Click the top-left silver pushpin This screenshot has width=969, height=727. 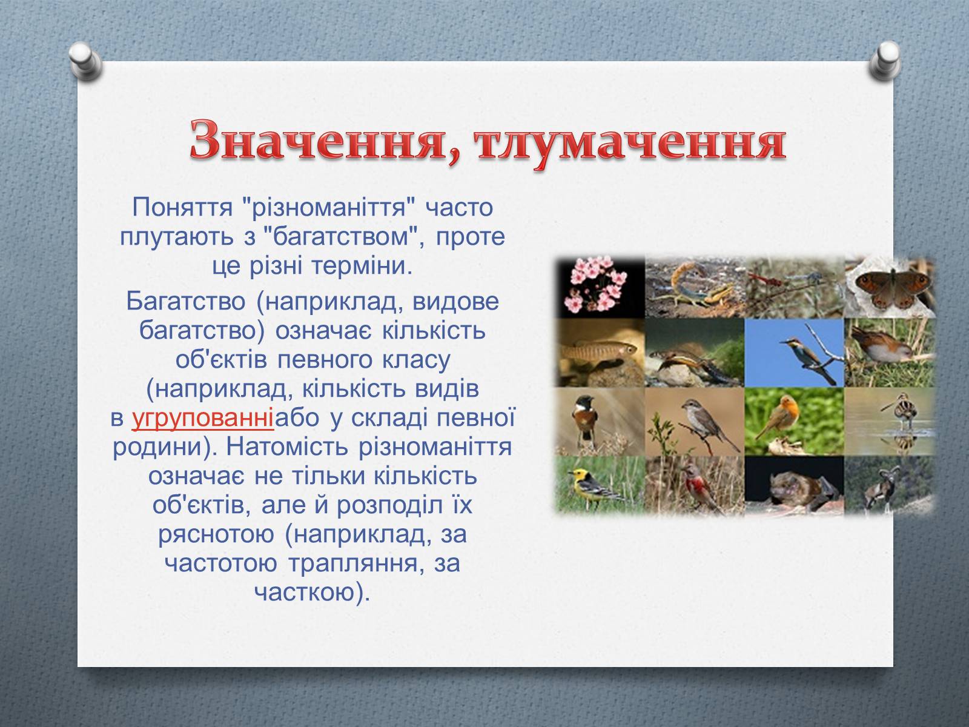point(85,61)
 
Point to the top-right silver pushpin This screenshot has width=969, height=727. point(885,61)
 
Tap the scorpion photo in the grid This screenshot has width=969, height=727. point(695,287)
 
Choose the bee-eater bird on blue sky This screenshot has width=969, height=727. point(795,353)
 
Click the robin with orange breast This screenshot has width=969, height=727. point(795,422)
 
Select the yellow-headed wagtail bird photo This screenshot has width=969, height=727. point(600,485)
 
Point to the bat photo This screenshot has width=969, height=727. point(795,485)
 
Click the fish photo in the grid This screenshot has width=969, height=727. point(600,353)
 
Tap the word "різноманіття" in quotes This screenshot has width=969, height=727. point(329,207)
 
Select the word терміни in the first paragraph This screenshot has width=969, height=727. point(362,266)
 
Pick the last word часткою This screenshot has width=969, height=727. point(312,593)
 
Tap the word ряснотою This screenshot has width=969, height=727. point(216,534)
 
